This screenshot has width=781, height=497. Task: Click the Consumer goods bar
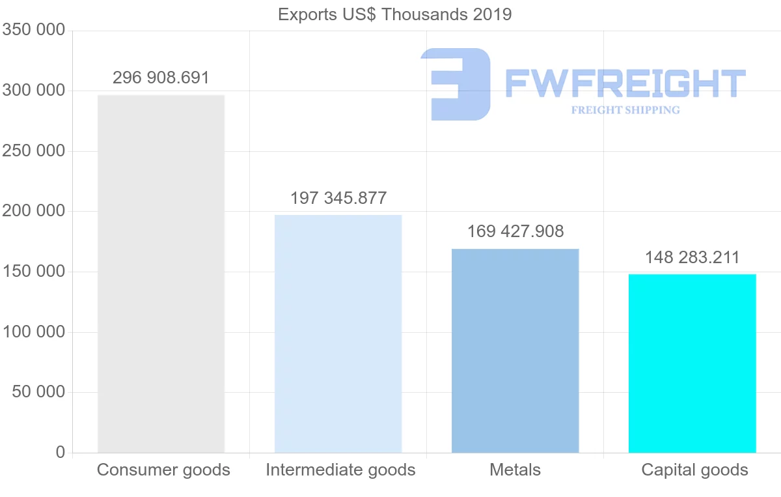161,274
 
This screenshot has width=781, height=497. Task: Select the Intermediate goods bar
338,334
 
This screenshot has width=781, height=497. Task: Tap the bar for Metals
515,350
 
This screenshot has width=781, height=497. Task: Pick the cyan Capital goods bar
692,363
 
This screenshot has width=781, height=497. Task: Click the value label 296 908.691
161,78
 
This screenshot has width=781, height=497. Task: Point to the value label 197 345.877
338,198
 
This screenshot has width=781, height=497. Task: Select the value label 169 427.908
515,231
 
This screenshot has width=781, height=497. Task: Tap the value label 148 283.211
692,257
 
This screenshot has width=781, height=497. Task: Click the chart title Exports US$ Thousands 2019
395,14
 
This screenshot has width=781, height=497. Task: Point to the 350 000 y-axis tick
34,30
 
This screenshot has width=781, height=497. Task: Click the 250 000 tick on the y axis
34,150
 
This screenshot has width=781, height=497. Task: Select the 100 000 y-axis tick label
34,332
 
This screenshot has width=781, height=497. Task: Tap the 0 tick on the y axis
61,452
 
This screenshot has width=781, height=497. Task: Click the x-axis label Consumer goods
163,470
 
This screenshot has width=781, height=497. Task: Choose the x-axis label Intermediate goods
340,470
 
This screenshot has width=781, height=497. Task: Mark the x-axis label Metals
515,470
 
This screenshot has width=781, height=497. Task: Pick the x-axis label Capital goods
694,470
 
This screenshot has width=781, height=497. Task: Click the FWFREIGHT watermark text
625,83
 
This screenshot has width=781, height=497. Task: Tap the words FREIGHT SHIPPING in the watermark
625,110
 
